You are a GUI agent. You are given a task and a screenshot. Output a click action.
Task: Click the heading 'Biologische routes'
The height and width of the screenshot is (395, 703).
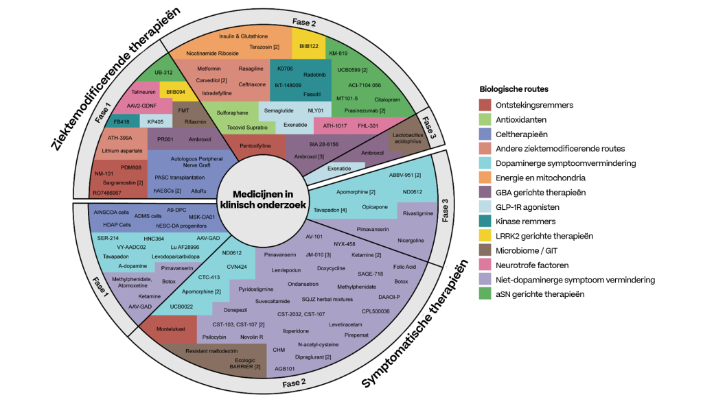(513, 89)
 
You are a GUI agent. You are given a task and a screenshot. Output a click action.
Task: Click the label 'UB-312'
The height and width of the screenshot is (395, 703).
(163, 73)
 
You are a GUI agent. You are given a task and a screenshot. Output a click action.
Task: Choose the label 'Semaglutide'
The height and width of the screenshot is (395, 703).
(279, 109)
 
